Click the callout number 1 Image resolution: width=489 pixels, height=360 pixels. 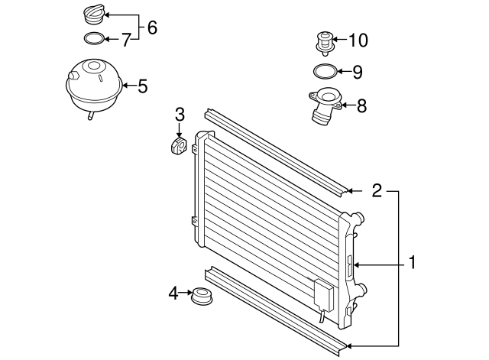click(412, 264)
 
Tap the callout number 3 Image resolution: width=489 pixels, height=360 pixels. click(180, 115)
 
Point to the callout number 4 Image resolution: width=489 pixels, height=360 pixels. click(173, 292)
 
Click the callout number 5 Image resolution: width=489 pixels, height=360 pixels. click(142, 86)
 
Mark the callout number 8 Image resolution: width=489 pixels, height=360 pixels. click(361, 105)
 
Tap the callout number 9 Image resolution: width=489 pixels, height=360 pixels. click(357, 73)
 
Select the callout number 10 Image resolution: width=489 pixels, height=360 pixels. click(358, 38)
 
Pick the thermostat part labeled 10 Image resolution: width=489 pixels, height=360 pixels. click(325, 41)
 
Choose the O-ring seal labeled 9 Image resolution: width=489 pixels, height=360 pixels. click(325, 73)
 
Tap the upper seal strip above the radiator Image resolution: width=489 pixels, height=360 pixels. click(275, 150)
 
